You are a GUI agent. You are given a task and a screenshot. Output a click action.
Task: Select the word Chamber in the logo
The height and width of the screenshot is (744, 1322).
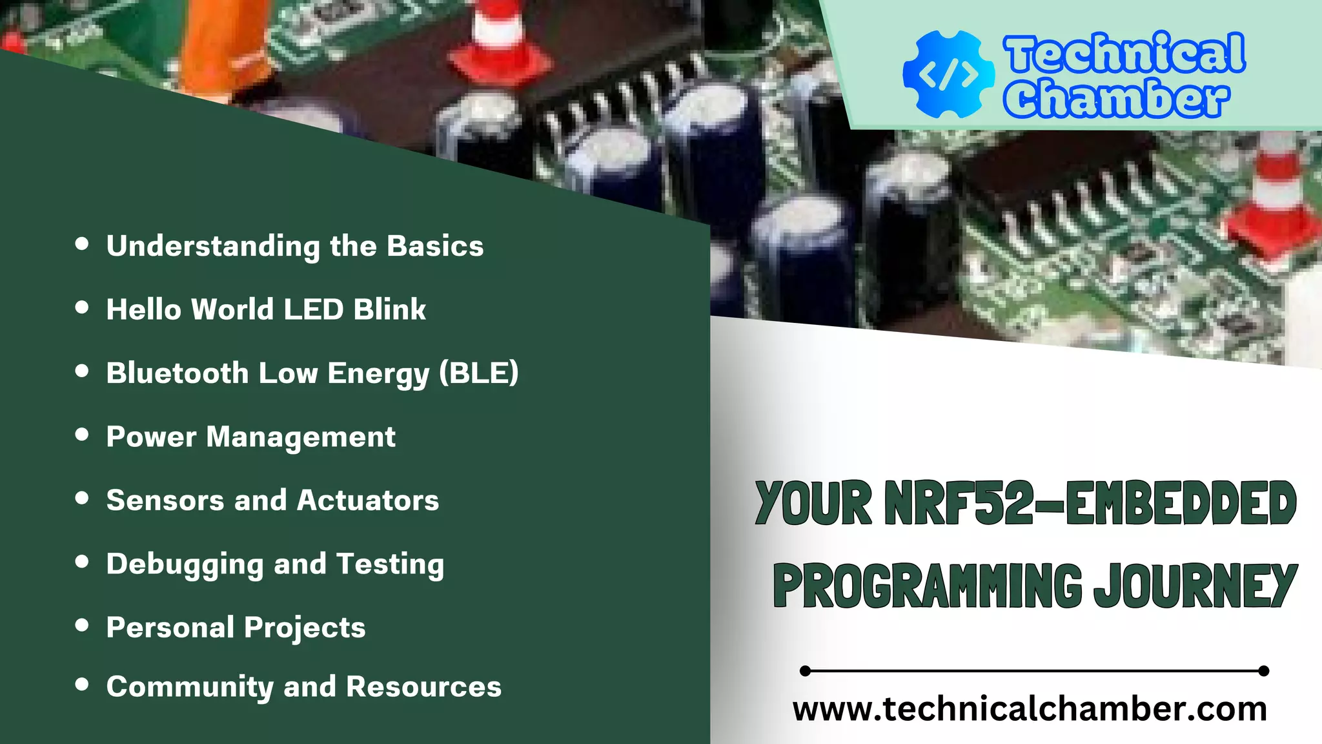(1115, 98)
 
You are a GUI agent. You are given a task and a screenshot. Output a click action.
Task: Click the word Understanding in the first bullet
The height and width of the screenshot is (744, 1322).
(213, 247)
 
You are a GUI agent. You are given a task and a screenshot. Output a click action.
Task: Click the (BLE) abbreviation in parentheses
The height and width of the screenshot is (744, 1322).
(478, 373)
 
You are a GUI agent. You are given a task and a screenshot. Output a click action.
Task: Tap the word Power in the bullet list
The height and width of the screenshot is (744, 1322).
(151, 437)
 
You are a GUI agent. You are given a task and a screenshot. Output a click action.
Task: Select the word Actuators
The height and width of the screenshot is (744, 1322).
(368, 501)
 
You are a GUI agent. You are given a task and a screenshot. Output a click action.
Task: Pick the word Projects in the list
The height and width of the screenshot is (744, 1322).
(305, 628)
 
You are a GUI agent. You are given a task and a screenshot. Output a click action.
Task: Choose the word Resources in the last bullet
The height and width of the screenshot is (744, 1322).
(423, 687)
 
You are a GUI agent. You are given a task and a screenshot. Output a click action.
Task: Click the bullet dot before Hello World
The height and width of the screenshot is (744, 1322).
(82, 307)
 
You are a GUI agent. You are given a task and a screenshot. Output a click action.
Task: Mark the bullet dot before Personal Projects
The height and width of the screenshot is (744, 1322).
(82, 625)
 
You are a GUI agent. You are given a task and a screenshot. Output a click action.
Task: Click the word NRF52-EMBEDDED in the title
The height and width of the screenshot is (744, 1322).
(1090, 503)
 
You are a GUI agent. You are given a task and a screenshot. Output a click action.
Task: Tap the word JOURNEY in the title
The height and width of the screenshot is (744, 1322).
(1195, 585)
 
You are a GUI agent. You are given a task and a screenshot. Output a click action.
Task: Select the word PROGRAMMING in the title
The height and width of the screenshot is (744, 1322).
(927, 585)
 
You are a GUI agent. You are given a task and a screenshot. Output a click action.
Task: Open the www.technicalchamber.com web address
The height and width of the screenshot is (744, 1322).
(1030, 709)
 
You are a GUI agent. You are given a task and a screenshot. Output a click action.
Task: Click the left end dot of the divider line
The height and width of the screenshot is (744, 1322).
(805, 671)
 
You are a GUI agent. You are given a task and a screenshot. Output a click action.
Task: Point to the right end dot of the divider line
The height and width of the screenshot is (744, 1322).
(1264, 671)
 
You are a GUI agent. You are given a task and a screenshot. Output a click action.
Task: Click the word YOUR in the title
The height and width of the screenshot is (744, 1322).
(813, 503)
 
